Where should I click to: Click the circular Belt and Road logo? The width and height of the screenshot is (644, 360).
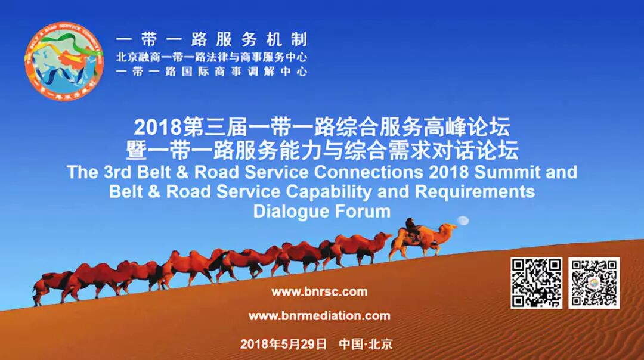click(64, 62)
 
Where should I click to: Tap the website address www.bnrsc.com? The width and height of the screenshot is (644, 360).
click(319, 292)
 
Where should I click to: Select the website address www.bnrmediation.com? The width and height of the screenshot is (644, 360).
click(319, 316)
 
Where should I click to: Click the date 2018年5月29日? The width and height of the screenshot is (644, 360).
click(283, 344)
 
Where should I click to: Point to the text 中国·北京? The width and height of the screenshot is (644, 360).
click(366, 344)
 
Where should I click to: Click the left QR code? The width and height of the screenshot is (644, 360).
click(536, 283)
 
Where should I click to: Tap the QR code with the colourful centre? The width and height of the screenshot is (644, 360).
click(594, 283)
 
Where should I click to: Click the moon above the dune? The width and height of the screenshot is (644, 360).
click(463, 221)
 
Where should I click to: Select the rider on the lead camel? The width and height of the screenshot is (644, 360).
click(411, 227)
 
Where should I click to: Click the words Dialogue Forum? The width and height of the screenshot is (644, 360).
click(322, 211)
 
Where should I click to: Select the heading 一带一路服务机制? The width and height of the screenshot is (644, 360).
click(212, 40)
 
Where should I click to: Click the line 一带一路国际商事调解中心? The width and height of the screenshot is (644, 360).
click(212, 72)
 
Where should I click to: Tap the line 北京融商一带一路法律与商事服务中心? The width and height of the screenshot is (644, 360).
click(212, 58)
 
